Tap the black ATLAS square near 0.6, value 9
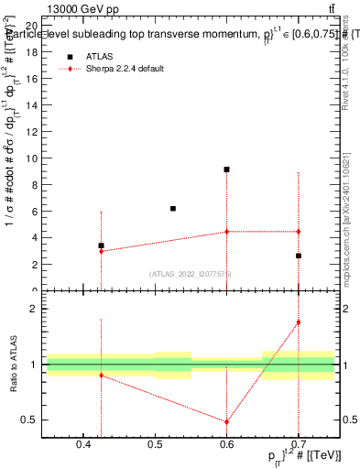(x=226, y=169)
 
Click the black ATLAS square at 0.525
(x=172, y=209)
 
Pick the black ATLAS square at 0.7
(x=299, y=256)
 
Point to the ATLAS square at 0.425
(x=101, y=245)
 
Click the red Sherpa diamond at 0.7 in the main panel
(x=299, y=232)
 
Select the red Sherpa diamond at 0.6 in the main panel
(x=226, y=232)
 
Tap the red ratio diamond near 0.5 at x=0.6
(x=226, y=422)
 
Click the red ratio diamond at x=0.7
(x=299, y=322)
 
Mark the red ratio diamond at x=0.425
(x=101, y=376)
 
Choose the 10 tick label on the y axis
(x=32, y=158)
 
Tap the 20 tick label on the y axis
(x=32, y=27)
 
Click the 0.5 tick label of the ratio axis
(x=30, y=420)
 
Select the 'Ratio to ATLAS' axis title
(x=12, y=364)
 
